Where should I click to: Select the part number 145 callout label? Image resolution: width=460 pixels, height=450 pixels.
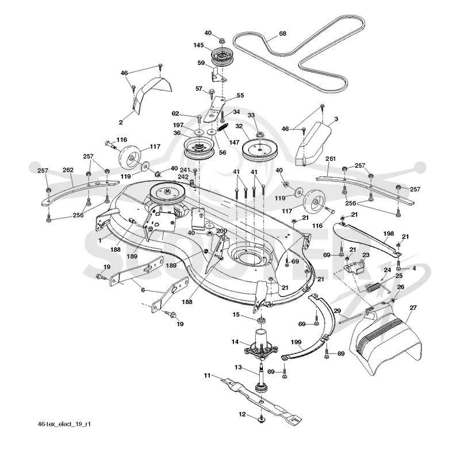[x=198, y=45]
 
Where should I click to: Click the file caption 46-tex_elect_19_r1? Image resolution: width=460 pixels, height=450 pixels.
[x=64, y=424]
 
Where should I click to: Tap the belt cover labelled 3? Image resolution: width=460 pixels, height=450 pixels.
[x=313, y=143]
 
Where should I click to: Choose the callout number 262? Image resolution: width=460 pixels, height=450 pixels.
[x=68, y=170]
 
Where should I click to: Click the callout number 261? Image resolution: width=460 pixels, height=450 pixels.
[x=330, y=159]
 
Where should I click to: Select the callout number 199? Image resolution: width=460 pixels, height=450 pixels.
[x=296, y=342]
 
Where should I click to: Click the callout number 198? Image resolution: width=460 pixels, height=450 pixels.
[x=389, y=233]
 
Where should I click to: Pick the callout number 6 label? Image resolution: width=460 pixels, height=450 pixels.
[x=143, y=290]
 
